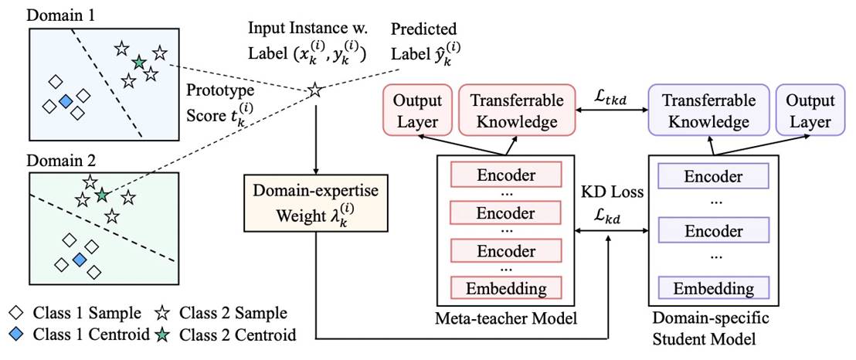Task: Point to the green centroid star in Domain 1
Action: pos(138,63)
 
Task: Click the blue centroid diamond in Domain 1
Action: pos(66,101)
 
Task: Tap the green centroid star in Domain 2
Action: pos(101,194)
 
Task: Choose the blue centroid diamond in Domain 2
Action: pos(80,260)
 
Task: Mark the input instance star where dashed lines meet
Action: pos(315,90)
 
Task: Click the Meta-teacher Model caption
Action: pos(507,318)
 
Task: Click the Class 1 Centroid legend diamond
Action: pos(16,335)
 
